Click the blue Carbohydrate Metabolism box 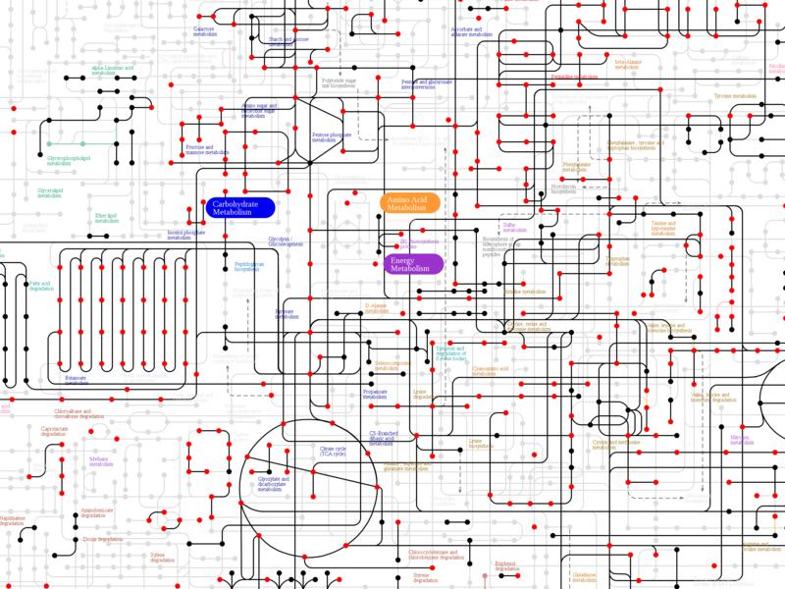(240, 206)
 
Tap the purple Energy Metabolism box (411, 263)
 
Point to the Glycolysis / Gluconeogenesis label (287, 242)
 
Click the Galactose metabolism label (205, 31)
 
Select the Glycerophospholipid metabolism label (69, 157)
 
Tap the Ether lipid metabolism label (106, 218)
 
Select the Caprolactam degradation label (55, 431)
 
